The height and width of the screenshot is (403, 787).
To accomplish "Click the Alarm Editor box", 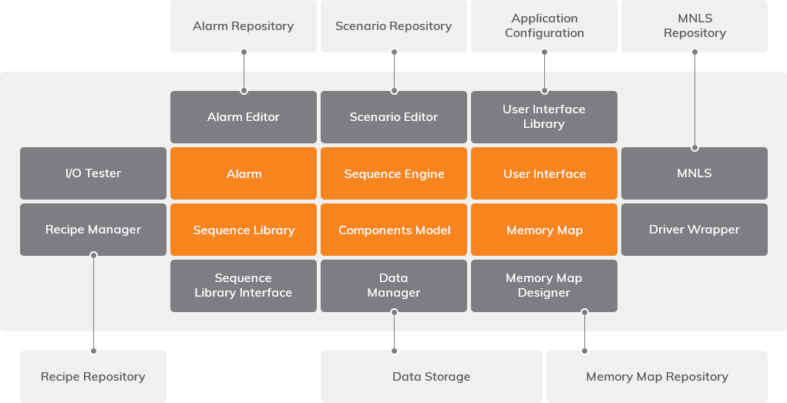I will click(x=244, y=117).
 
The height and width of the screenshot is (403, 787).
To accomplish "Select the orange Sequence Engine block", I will click(x=394, y=173).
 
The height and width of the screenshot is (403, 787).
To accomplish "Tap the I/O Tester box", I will click(x=93, y=173).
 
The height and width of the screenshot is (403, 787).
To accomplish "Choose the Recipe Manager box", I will click(x=93, y=230).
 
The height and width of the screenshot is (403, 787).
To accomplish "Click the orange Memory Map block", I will click(x=544, y=230).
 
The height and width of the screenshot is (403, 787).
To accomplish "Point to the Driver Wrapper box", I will click(x=695, y=230).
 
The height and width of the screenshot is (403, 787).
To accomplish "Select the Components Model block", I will click(x=394, y=230).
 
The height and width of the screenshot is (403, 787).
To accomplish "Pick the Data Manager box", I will click(x=394, y=286).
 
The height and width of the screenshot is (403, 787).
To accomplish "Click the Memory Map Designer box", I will click(x=544, y=286).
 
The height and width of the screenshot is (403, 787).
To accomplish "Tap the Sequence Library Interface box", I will click(x=244, y=286).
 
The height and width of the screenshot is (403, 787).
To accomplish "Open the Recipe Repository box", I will click(x=93, y=377).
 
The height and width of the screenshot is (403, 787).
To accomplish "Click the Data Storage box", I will click(x=431, y=377).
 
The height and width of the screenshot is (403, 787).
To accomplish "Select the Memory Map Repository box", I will click(x=657, y=377).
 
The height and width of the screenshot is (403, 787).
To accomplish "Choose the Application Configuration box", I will click(x=544, y=26).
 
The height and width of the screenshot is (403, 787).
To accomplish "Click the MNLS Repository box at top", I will click(x=695, y=26).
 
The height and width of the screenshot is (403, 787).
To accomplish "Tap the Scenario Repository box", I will click(x=394, y=26).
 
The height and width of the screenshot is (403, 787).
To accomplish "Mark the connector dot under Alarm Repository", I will click(x=244, y=52).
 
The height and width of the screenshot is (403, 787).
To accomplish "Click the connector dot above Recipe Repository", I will click(x=93, y=351).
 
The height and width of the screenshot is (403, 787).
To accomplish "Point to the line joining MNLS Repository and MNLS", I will click(x=695, y=100).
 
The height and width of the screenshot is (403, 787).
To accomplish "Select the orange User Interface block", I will click(x=544, y=173).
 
